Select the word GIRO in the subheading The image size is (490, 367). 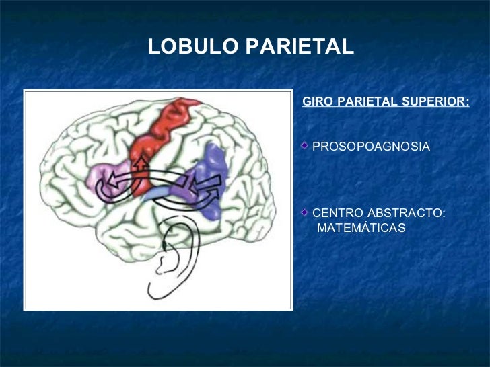tap(317, 102)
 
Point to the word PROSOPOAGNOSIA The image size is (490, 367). tap(371, 146)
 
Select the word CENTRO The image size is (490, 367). tap(338, 213)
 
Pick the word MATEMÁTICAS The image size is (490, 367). tap(361, 228)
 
